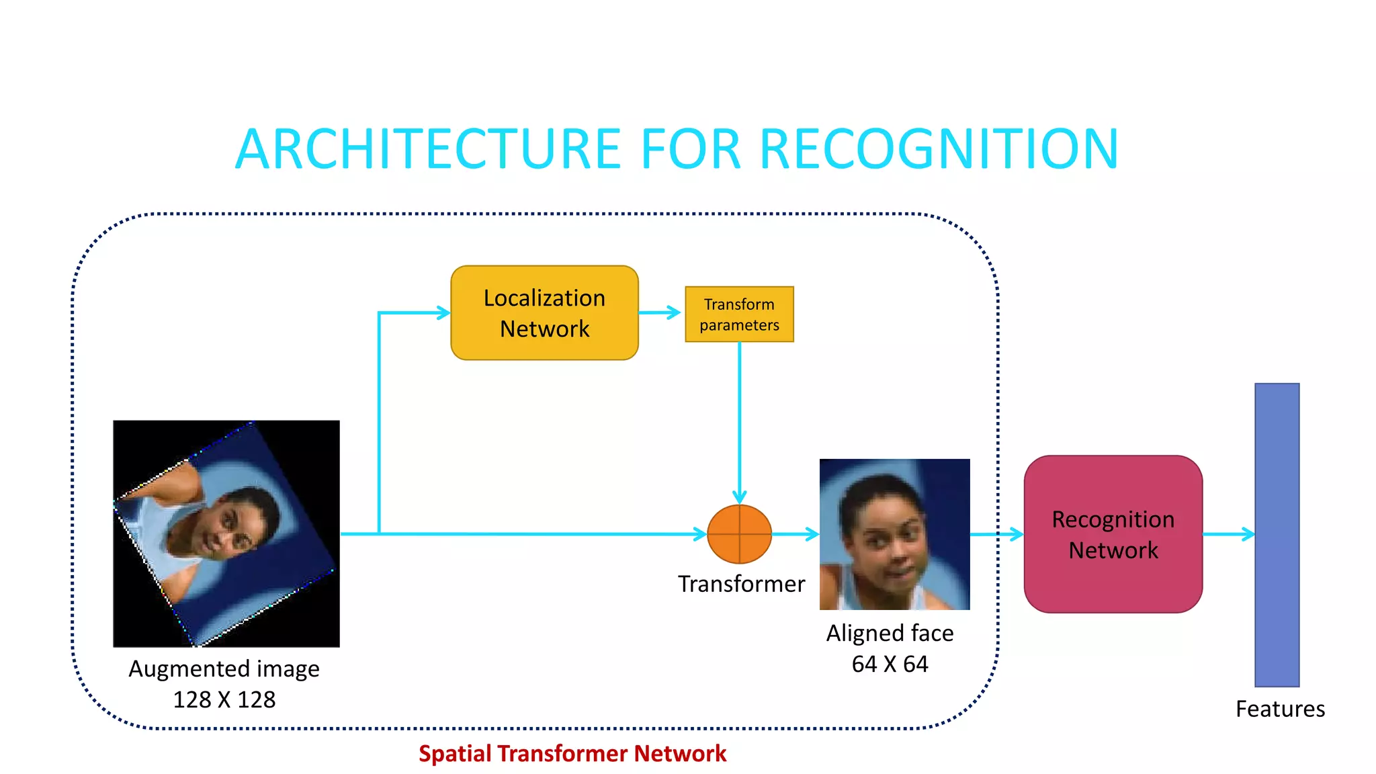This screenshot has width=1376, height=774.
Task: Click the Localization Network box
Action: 544,313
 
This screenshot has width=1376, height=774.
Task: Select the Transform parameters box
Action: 739,314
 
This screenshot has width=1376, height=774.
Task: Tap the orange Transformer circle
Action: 739,534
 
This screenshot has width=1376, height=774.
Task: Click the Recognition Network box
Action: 1113,534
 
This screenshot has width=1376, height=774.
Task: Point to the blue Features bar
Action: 1277,534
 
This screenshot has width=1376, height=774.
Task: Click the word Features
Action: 1280,709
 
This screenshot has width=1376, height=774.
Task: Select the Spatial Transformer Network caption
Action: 572,753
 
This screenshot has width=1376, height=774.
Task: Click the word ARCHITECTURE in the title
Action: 428,149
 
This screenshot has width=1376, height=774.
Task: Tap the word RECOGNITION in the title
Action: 939,149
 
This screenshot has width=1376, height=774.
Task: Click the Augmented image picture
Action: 226,533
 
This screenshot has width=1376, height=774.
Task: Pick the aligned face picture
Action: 894,534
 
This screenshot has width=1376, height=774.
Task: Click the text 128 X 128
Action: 224,699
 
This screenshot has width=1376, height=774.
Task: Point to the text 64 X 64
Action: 890,664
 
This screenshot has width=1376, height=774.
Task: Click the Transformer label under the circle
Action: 741,584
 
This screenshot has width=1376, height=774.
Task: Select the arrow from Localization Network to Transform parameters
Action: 660,312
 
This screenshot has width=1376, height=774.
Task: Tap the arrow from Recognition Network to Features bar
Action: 1228,534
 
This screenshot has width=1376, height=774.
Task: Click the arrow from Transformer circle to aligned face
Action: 795,534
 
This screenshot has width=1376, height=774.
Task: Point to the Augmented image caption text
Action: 224,669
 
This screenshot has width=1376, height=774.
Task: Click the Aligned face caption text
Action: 890,633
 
